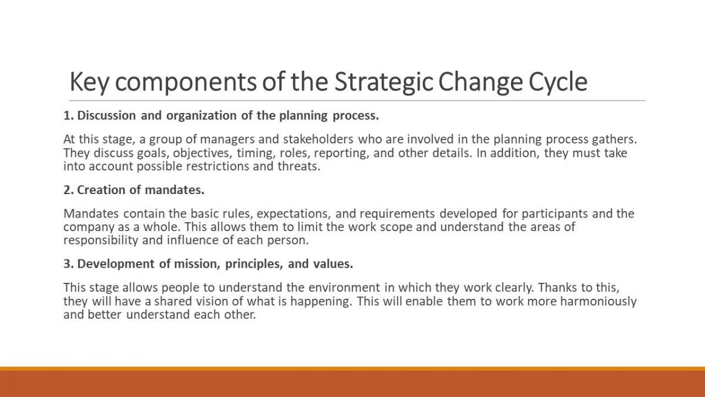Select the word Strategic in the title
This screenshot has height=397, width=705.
pyautogui.click(x=383, y=82)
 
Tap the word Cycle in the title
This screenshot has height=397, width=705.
pyautogui.click(x=558, y=82)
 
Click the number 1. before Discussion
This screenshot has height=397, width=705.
pyautogui.click(x=69, y=116)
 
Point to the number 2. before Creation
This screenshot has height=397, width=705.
pyautogui.click(x=69, y=190)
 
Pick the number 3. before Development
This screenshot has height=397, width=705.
pyautogui.click(x=69, y=264)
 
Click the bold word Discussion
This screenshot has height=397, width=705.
pyautogui.click(x=106, y=116)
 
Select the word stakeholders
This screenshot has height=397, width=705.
pyautogui.click(x=318, y=139)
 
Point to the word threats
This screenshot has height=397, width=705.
pyautogui.click(x=299, y=166)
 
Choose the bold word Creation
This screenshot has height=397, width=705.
pyautogui.click(x=101, y=190)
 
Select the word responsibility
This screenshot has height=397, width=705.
pyautogui.click(x=100, y=241)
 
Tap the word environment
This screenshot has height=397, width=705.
pyautogui.click(x=344, y=288)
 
